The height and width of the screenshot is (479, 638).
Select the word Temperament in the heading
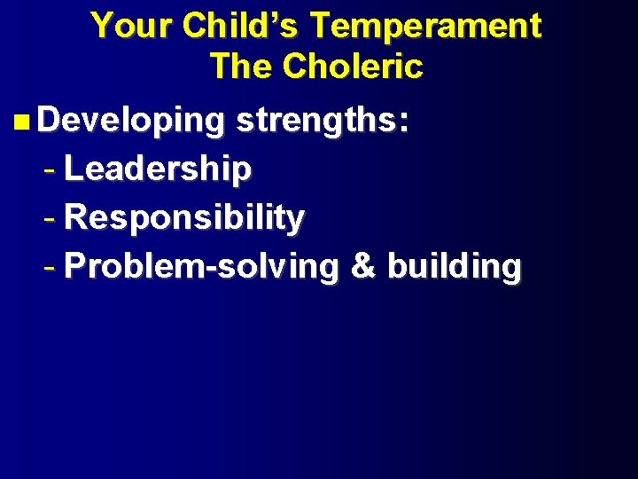424,26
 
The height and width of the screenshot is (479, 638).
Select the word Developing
131,122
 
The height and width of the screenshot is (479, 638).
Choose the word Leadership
158,169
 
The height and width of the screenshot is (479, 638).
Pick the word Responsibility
184,217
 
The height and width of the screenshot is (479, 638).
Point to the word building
455,266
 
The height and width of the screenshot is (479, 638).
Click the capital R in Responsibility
76,216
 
